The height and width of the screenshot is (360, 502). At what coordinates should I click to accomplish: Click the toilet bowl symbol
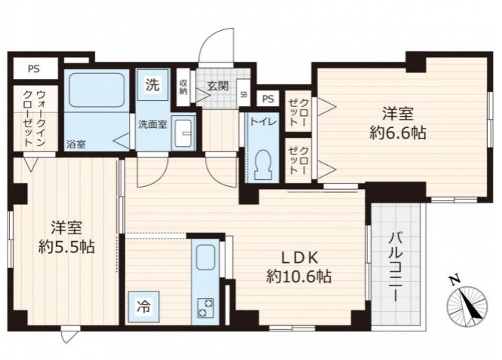point(263,166)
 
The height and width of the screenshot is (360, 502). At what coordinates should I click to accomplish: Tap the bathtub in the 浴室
point(96,90)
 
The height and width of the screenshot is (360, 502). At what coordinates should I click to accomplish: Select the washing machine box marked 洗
point(152,85)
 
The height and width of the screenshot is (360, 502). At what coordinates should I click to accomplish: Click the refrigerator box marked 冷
point(144,307)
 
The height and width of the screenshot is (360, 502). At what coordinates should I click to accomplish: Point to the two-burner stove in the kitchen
point(205,307)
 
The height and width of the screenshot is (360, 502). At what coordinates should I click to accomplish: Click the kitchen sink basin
point(205,258)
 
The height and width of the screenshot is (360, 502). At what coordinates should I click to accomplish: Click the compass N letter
point(455,280)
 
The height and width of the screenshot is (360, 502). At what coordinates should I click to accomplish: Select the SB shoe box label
point(243,95)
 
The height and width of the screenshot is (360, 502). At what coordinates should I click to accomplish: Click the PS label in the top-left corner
point(34,69)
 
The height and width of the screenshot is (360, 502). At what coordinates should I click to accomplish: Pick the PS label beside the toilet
point(268,99)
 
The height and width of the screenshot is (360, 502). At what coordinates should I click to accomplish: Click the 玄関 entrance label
point(217,86)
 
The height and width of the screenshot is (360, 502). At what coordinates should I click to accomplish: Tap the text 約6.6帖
point(398,133)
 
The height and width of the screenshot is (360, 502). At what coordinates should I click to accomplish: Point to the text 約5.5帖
point(66,246)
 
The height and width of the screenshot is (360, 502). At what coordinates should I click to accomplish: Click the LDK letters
point(299,258)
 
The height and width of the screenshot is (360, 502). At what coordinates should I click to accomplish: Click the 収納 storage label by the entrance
point(183,87)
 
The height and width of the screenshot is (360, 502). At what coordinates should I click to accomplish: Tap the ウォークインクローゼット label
point(35,118)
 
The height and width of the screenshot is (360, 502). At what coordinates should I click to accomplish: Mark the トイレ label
point(262,122)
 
